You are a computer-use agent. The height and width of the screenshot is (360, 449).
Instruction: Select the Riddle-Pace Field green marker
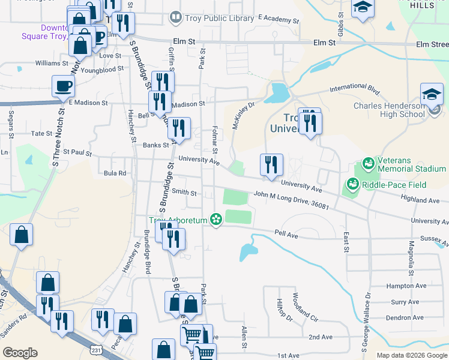pos(352,184)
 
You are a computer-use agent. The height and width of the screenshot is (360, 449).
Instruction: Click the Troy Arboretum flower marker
pos(215,220)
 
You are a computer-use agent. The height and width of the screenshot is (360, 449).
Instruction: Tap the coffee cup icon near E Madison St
pos(63,86)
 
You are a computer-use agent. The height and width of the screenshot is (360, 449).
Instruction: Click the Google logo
pos(20,353)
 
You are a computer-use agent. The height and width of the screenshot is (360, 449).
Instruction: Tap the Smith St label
pos(184,193)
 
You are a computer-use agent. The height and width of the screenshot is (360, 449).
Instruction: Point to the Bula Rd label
pos(115,173)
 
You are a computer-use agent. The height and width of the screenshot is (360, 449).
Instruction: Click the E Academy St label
pos(277,19)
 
